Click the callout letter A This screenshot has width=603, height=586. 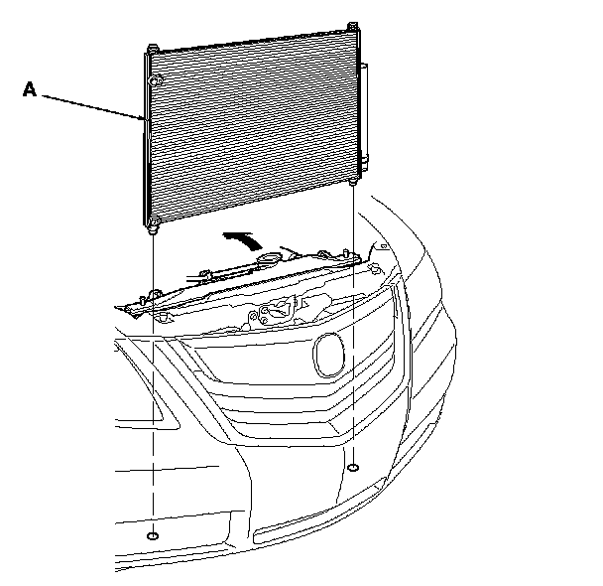click(30, 89)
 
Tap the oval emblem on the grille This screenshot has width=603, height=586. click(327, 355)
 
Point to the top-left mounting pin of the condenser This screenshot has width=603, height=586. click(152, 49)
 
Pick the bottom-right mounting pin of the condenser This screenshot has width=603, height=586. click(353, 182)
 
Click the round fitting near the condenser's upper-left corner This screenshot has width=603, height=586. click(155, 78)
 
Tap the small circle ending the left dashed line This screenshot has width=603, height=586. click(152, 536)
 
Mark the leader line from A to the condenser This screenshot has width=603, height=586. click(94, 104)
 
